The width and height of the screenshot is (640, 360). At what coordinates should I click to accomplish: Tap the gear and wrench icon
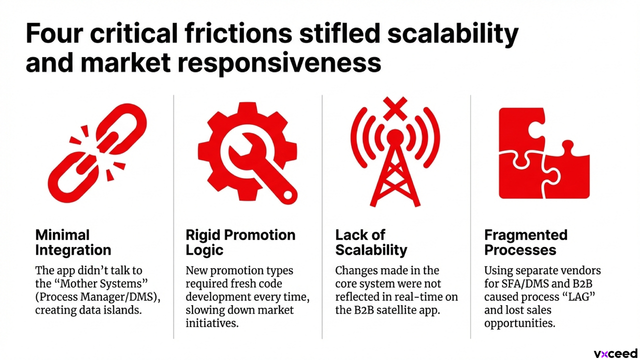[x=247, y=151]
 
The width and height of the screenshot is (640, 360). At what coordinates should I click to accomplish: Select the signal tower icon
[x=395, y=160]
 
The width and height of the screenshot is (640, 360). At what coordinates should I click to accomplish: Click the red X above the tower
[x=395, y=108]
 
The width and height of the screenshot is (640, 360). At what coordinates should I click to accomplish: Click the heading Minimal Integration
[x=73, y=242]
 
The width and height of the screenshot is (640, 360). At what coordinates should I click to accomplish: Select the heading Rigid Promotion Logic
[x=240, y=242]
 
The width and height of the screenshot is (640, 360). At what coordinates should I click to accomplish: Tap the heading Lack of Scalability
[x=371, y=242]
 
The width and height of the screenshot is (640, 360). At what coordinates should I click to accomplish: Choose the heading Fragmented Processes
[x=525, y=242]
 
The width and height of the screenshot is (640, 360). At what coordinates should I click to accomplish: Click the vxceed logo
[x=615, y=353]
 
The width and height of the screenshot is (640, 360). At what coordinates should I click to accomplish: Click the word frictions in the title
[x=238, y=33]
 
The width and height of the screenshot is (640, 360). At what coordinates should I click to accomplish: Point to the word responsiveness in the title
[x=279, y=63]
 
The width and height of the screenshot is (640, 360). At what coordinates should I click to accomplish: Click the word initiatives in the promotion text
[x=212, y=323]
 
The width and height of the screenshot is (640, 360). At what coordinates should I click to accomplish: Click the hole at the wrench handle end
[x=287, y=195]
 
